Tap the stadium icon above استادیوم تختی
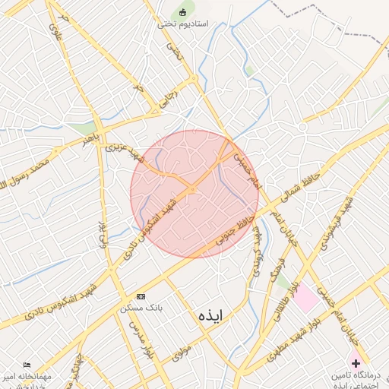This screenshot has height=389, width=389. click(182, 11)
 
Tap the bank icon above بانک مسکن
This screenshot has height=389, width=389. click(141, 296)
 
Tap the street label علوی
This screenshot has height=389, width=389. click(55, 31)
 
